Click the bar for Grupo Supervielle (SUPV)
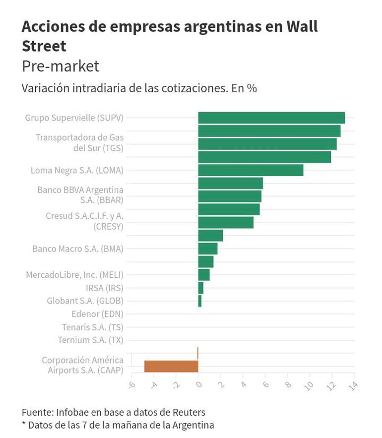coord(271,118)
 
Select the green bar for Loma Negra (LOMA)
coord(251,170)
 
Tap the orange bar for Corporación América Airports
coord(171,366)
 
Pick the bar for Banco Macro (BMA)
coord(207,249)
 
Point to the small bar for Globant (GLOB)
coord(200,301)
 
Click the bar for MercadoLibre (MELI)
coord(204,275)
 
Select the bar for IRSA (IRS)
coord(201,288)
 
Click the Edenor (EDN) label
coord(97,313)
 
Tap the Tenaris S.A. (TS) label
coord(92,327)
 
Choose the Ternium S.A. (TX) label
coord(90,340)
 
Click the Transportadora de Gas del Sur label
coord(79,142)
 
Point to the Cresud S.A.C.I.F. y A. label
coord(84,221)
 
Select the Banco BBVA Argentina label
coord(80,195)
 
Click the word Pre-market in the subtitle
coord(61,66)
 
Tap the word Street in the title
coord(44,46)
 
